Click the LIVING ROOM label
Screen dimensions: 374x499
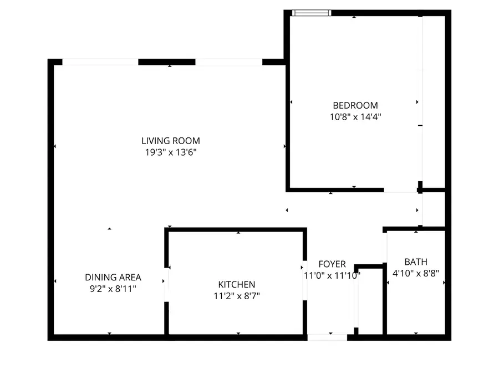pos(170,141)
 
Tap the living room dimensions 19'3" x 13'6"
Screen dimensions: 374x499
pos(170,152)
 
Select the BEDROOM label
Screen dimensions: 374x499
pos(355,105)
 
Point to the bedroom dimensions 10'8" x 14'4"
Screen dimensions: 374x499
pos(355,117)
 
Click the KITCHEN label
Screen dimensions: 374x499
pos(236,284)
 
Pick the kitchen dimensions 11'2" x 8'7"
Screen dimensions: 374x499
pos(236,295)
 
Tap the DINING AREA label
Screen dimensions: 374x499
pos(113,277)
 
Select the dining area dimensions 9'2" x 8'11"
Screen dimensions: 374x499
pos(113,288)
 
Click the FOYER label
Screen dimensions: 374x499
pos(332,264)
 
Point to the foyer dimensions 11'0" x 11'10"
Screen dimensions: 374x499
pos(332,275)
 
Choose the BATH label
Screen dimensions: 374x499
pos(416,262)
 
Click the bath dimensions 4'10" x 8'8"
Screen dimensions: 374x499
pos(416,273)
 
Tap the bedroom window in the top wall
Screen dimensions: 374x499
pos(312,12)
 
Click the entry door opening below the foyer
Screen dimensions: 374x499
pos(327,337)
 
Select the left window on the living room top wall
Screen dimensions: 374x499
pos(100,62)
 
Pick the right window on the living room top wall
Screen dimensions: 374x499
pos(228,62)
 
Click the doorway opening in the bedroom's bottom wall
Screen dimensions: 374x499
pos(400,190)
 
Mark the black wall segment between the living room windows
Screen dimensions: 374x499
pos(166,62)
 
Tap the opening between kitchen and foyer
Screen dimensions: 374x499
pos(304,280)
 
